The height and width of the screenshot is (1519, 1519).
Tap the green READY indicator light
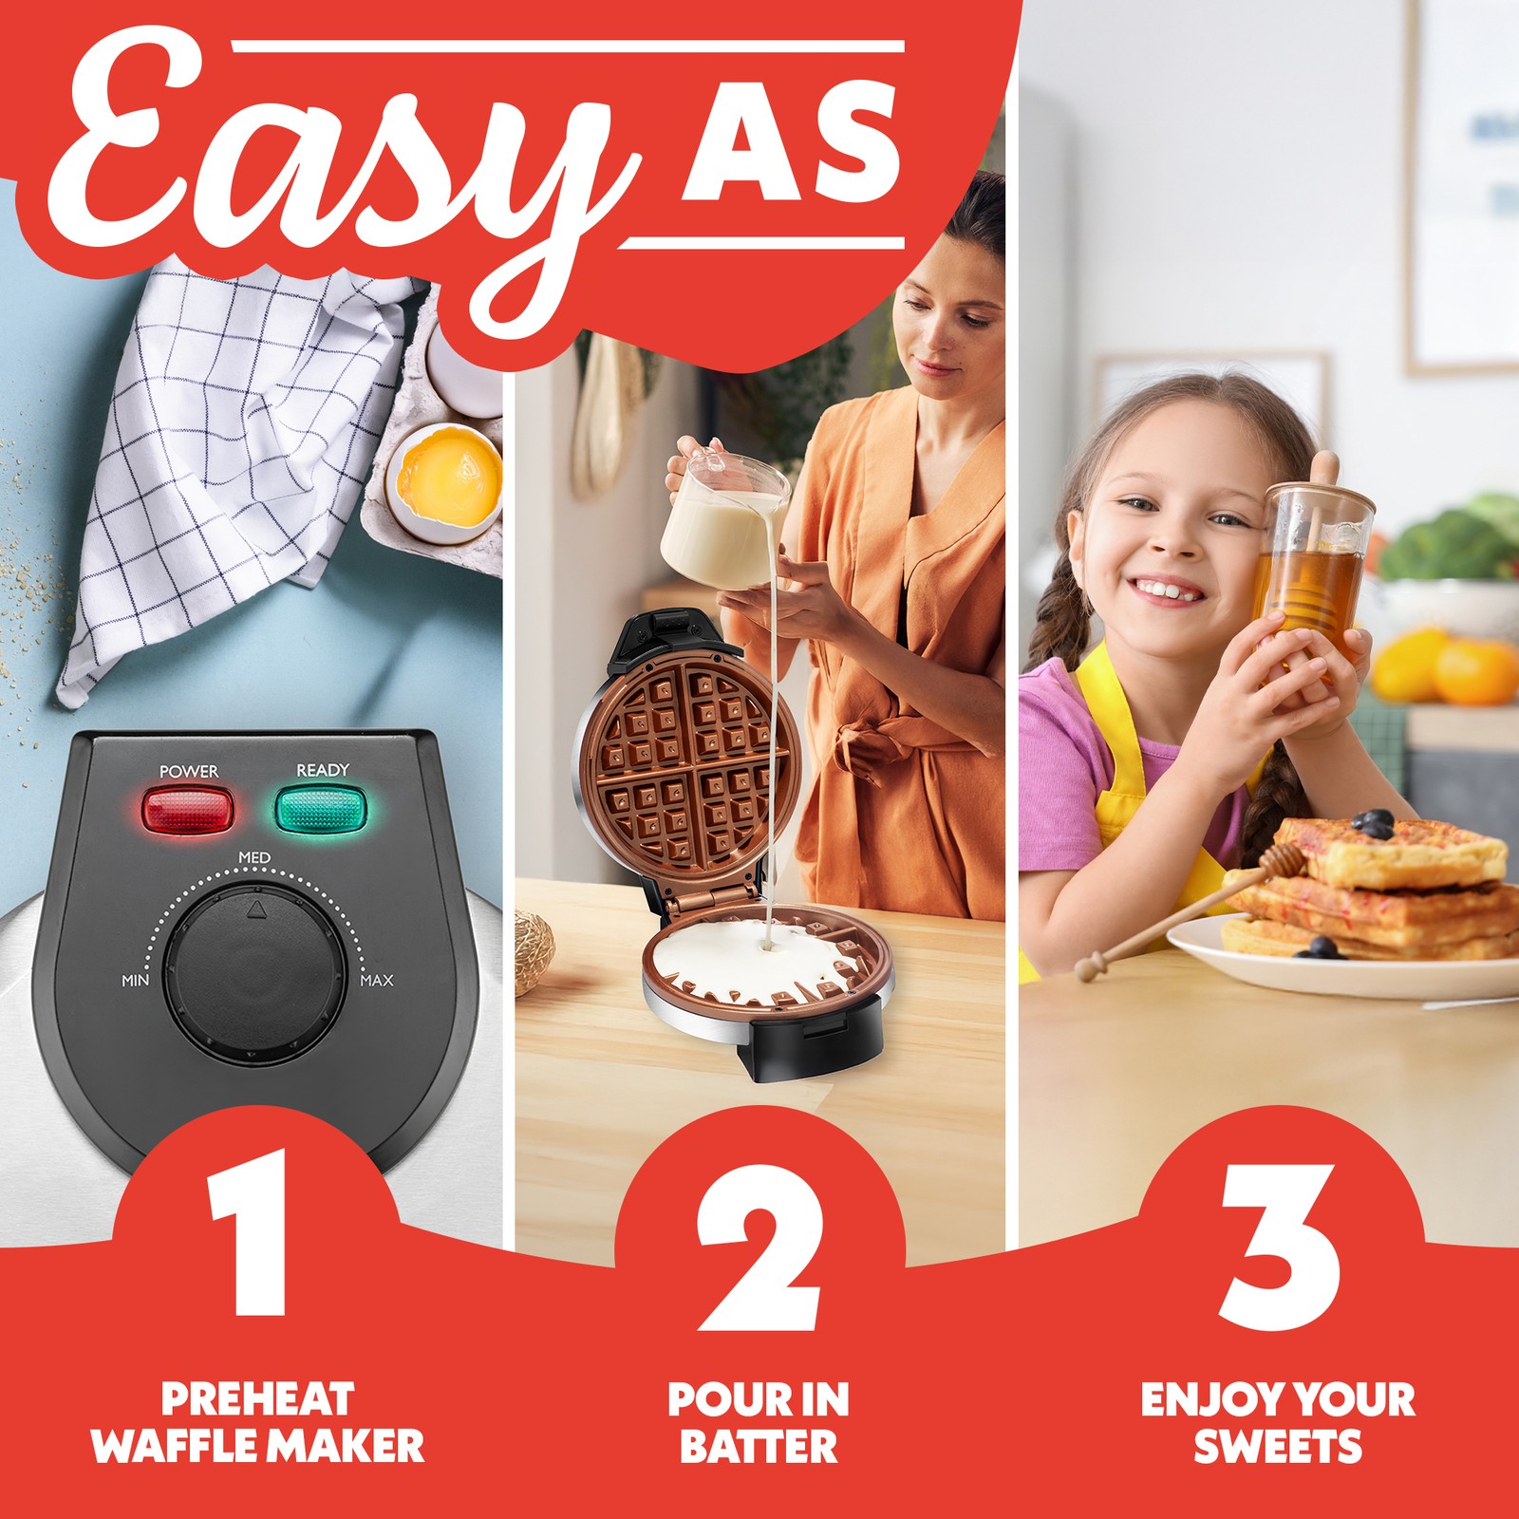tap(323, 808)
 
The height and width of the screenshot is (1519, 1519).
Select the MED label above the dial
tap(254, 858)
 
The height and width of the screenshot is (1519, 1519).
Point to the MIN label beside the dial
tap(136, 980)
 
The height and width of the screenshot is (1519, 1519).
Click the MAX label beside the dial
tap(377, 980)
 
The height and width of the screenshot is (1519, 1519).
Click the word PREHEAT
tap(257, 1399)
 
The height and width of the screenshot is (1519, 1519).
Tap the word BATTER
tap(759, 1447)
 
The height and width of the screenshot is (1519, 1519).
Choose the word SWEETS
tap(1278, 1447)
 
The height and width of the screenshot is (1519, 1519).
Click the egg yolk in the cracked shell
tap(448, 474)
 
